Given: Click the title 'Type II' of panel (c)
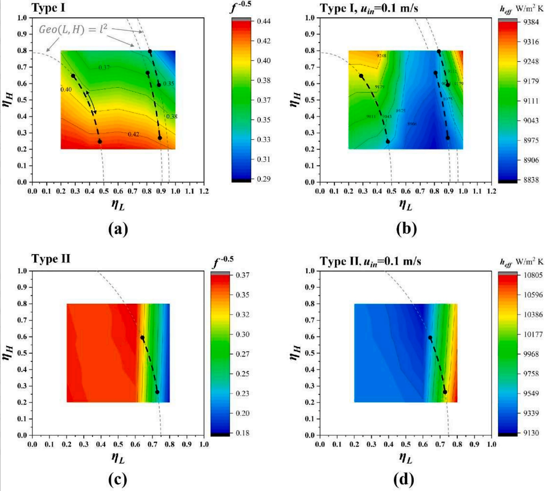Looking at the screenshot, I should (x=51, y=259).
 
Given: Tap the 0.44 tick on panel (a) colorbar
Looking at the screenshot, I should (x=263, y=21).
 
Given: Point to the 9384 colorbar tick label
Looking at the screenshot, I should (x=531, y=22).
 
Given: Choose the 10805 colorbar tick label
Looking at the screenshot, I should (x=533, y=275).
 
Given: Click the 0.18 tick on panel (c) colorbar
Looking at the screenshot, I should (x=243, y=433).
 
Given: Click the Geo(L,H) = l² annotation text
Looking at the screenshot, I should (x=73, y=29).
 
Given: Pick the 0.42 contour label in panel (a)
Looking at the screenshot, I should (x=133, y=134).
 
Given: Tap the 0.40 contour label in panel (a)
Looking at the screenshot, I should (x=66, y=89).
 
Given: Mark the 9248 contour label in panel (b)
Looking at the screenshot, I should (x=381, y=56).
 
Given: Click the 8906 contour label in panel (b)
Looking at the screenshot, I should (x=412, y=124).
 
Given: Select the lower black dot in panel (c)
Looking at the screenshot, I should (x=157, y=392).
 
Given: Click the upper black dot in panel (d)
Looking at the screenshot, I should (x=430, y=337).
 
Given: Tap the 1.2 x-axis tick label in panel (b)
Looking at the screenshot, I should (x=491, y=191).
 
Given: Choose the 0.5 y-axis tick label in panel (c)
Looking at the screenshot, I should (x=22, y=353).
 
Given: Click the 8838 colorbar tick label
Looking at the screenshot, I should (x=531, y=180).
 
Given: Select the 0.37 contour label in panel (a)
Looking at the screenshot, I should (x=104, y=67).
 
